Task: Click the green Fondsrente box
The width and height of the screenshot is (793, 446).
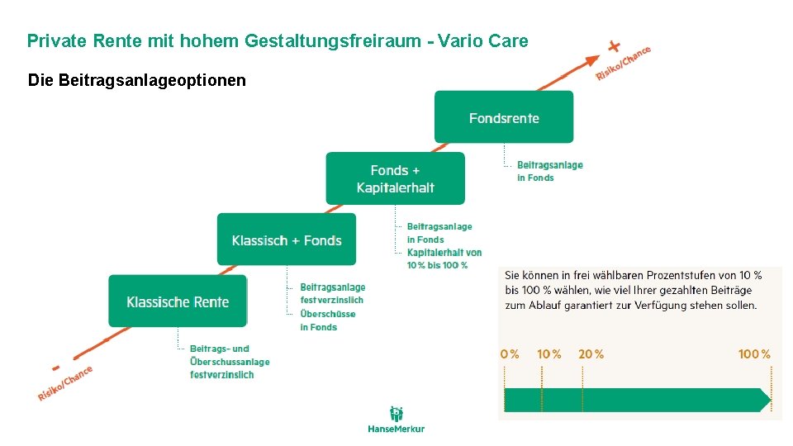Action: (x=504, y=117)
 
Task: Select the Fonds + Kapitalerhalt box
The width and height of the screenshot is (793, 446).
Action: (x=395, y=178)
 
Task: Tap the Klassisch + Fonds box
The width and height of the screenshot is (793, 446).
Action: (x=287, y=240)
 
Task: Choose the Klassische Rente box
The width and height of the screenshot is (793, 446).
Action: (x=178, y=301)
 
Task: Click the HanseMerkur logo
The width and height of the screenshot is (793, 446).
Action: (x=396, y=420)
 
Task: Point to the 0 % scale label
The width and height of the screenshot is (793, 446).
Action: (x=510, y=353)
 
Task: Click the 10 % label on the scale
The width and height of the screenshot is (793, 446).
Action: (x=548, y=353)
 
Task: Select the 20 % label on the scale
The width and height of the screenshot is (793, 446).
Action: (x=591, y=353)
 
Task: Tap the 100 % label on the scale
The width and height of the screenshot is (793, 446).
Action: (x=753, y=353)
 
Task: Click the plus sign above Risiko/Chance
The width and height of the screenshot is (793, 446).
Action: (x=614, y=45)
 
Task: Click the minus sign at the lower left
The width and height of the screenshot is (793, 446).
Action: (x=56, y=367)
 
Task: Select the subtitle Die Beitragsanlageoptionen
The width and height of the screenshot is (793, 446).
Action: (x=136, y=80)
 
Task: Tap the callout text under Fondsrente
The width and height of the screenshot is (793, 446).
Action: (x=549, y=171)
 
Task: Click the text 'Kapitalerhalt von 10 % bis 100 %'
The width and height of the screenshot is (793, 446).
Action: (x=444, y=259)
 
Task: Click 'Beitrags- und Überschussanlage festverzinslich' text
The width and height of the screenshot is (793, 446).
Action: (x=229, y=362)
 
